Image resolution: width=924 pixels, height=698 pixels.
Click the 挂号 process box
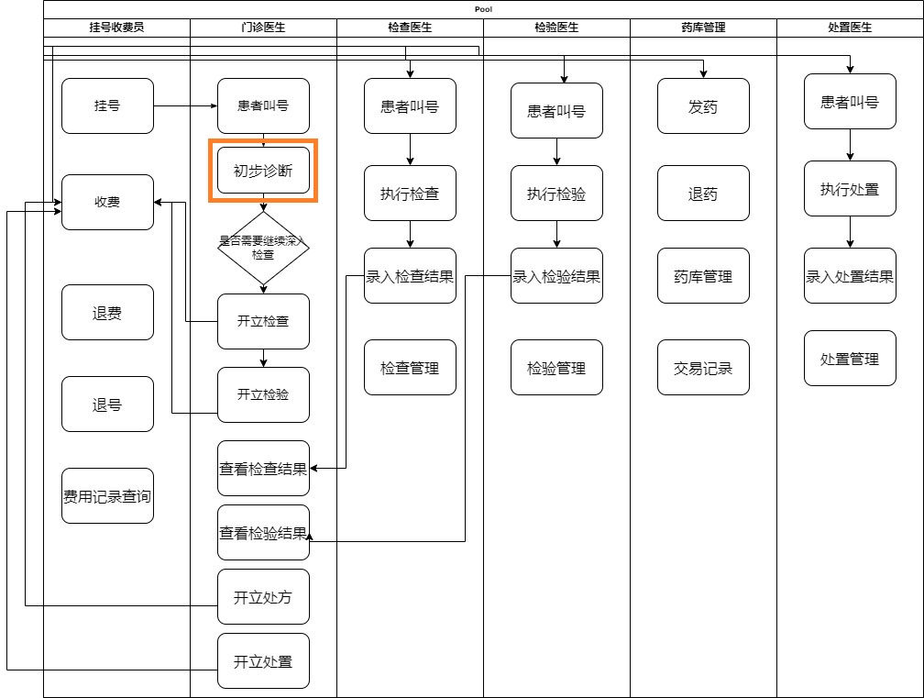107,105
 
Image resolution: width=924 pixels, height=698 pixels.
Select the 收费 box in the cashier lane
107,202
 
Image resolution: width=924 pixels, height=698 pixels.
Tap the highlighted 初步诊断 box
263,171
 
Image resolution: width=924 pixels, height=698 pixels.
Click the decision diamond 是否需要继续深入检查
263,248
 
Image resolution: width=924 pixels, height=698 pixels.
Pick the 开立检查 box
263,321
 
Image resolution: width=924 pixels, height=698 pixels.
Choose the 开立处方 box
263,597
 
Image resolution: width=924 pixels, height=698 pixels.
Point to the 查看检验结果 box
263,532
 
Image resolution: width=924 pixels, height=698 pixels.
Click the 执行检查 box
410,194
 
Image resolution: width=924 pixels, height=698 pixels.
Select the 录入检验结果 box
556,276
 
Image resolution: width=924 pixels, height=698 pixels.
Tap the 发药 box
703,106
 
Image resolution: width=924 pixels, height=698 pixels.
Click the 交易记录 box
703,368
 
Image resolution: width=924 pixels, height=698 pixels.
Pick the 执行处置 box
850,189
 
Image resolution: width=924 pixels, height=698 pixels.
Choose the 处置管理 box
850,359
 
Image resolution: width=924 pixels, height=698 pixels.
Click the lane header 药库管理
703,28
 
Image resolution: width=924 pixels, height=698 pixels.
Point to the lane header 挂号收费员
116,28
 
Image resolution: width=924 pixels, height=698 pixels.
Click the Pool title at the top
483,8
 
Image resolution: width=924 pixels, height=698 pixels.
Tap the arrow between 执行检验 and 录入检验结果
556,234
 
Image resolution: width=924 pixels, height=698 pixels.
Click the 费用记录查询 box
107,496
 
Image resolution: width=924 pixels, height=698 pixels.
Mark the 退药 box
703,194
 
